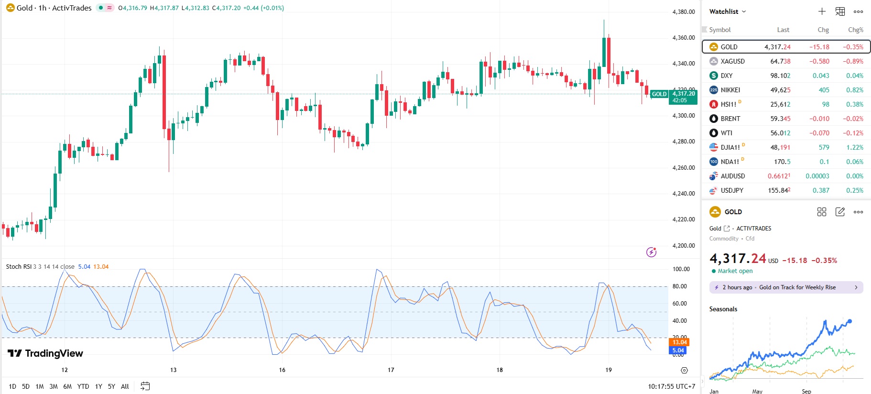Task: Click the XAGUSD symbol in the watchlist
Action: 732,61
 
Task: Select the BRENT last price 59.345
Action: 780,119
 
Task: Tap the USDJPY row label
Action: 732,190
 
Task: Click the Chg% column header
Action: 855,30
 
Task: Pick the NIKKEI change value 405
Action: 824,90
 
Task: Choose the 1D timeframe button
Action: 12,386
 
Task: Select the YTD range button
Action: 83,386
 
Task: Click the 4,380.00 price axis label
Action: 683,12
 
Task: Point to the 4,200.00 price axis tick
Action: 683,246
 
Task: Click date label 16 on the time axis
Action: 282,370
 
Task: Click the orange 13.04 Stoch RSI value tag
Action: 679,342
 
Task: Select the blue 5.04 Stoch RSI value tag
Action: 678,350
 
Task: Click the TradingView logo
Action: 45,353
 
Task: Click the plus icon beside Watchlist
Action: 822,11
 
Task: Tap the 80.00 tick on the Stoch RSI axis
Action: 679,286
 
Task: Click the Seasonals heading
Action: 723,309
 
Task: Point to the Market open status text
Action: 735,271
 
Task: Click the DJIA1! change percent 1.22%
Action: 854,147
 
